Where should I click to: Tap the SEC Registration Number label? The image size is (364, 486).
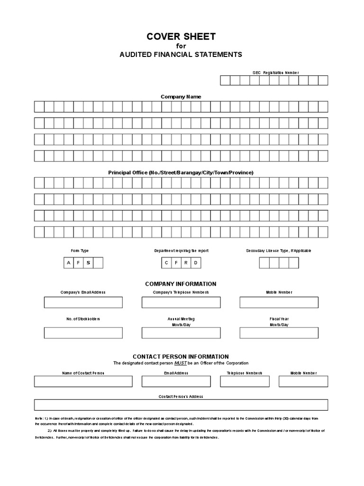(x=275, y=73)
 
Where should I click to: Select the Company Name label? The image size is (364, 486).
(x=181, y=97)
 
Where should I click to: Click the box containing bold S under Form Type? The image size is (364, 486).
(x=88, y=263)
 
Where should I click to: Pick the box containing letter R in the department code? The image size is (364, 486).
(x=186, y=263)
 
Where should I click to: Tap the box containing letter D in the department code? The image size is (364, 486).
(x=196, y=263)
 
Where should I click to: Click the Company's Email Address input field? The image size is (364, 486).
(x=83, y=302)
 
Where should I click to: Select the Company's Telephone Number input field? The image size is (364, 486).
(x=181, y=302)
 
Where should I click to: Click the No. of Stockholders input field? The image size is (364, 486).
(x=83, y=333)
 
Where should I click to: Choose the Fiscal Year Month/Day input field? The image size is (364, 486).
(x=279, y=333)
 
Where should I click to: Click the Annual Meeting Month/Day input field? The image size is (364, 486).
(x=181, y=333)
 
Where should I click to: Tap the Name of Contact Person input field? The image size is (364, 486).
(x=83, y=382)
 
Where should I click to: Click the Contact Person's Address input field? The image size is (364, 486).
(x=181, y=404)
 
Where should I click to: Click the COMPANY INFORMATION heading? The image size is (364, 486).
(x=181, y=284)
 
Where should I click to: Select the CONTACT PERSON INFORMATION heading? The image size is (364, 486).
(x=181, y=356)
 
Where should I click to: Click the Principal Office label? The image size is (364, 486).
(x=181, y=172)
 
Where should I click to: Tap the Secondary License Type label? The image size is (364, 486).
(x=279, y=251)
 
